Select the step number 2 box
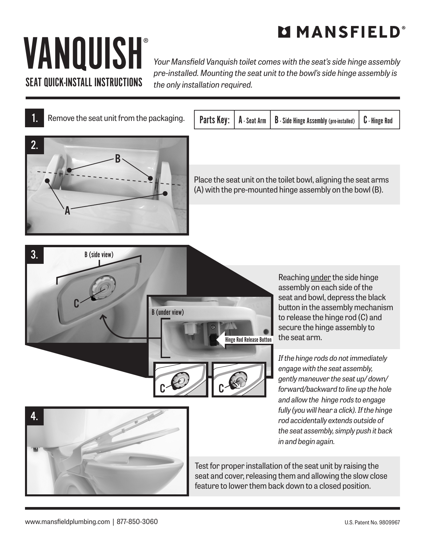click(x=34, y=145)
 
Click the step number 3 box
click(x=34, y=255)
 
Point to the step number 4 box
click(x=34, y=416)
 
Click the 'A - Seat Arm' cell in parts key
click(x=252, y=120)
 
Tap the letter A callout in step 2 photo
click(x=67, y=211)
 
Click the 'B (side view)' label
click(x=99, y=255)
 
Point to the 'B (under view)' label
click(x=168, y=312)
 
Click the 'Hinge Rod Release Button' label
click(x=248, y=340)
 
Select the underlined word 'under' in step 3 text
click(x=321, y=277)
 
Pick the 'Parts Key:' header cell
click(x=214, y=120)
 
